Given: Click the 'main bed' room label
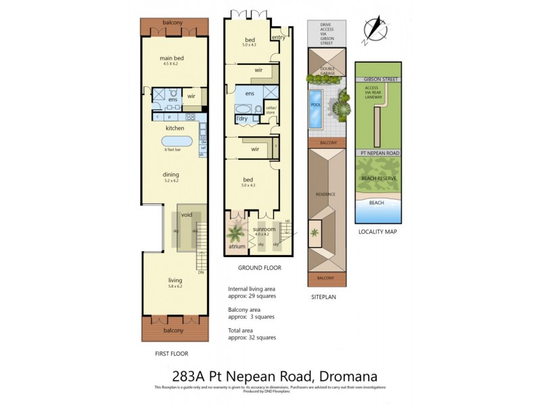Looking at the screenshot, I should (x=171, y=58).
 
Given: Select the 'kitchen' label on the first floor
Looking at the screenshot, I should (x=175, y=128).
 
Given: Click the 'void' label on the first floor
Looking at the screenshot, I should (x=187, y=214).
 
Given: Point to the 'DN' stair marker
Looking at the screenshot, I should (x=201, y=272).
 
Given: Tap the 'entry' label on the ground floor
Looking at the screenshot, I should (x=278, y=38).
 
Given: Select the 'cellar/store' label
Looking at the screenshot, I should (x=271, y=110).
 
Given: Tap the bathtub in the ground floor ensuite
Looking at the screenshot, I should (x=243, y=108).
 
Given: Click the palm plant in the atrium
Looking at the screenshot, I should (x=235, y=234).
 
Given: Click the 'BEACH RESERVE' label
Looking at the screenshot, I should (x=378, y=178).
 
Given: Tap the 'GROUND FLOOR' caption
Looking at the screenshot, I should (x=260, y=268).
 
